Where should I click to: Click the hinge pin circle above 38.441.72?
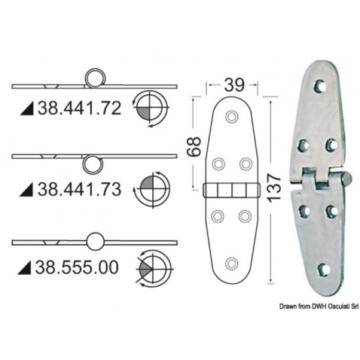[x=94, y=78]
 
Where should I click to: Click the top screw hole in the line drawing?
[x=231, y=117]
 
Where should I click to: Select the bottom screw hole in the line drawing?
[x=231, y=263]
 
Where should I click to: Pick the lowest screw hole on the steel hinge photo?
[x=323, y=268]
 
